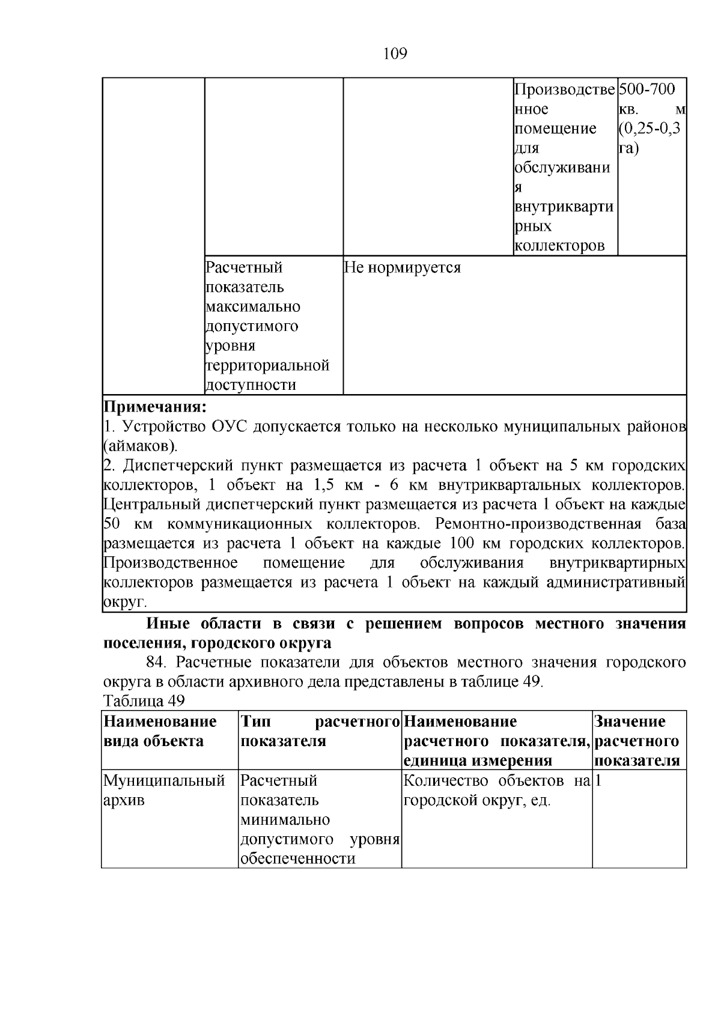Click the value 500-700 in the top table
[x=646, y=90]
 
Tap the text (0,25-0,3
[x=648, y=129]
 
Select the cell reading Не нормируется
[x=403, y=268]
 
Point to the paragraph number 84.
[x=155, y=662]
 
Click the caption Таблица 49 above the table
[x=144, y=700]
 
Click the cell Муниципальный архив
[x=164, y=791]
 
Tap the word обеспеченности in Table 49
[x=297, y=859]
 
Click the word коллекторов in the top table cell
[x=559, y=246]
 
